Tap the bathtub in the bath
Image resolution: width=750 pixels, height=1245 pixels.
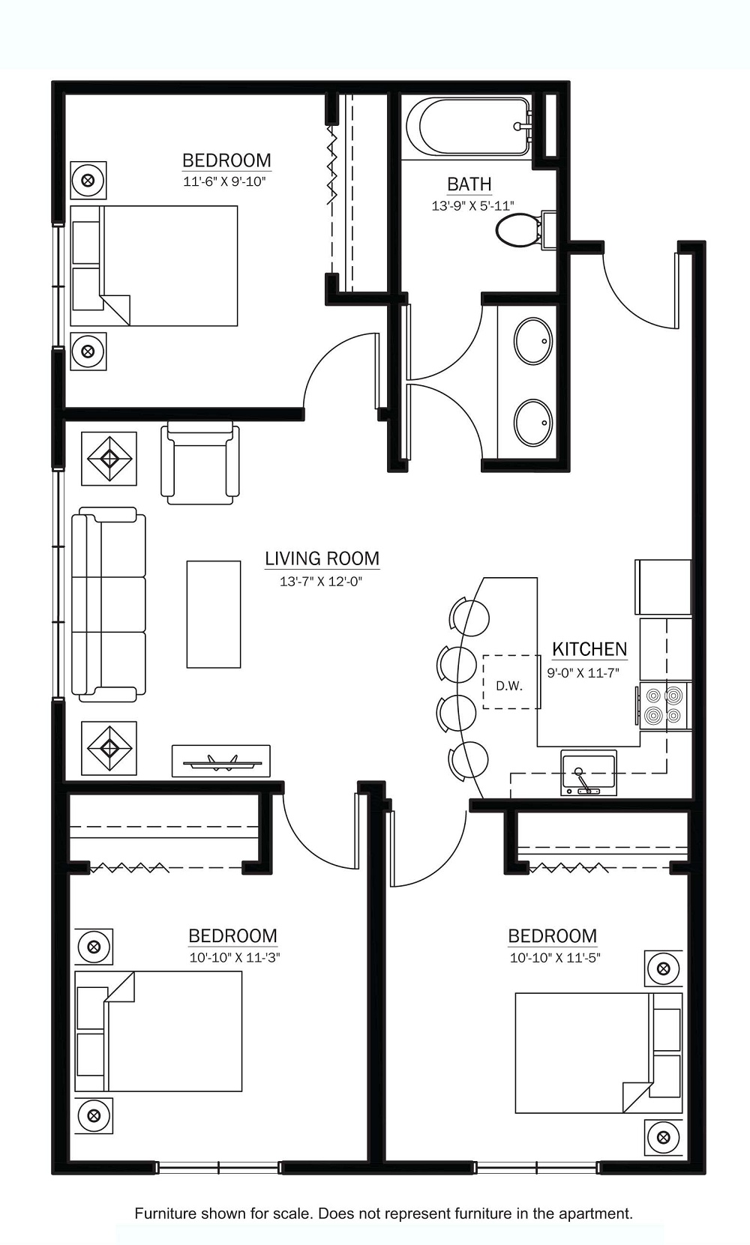coord(469,127)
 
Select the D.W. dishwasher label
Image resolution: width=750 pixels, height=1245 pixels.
coord(509,685)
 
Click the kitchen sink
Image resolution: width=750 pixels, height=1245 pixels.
coord(589,772)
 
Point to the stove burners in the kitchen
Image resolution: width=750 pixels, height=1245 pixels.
coord(664,705)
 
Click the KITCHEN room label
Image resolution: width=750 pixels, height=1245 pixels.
coord(589,648)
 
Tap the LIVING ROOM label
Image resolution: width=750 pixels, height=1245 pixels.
coord(322,558)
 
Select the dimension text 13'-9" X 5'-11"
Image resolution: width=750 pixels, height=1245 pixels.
coord(472,205)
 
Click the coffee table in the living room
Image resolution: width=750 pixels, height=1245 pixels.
coord(214,614)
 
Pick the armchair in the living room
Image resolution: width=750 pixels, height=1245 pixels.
coord(200,463)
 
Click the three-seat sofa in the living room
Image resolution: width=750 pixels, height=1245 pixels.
coord(109,604)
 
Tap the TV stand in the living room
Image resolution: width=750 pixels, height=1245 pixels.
coord(220,761)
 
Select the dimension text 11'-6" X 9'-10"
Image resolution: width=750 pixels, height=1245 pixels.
coord(224,181)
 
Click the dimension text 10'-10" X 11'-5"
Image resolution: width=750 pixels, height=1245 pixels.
coord(555,958)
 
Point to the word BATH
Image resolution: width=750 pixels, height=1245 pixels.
coord(469,184)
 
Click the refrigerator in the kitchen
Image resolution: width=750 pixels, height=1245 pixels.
coord(663,587)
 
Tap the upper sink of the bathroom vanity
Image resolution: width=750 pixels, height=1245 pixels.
coord(533,341)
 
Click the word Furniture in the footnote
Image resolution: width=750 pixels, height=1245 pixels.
coord(166,1213)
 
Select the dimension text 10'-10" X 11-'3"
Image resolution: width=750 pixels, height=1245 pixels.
coord(234,958)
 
